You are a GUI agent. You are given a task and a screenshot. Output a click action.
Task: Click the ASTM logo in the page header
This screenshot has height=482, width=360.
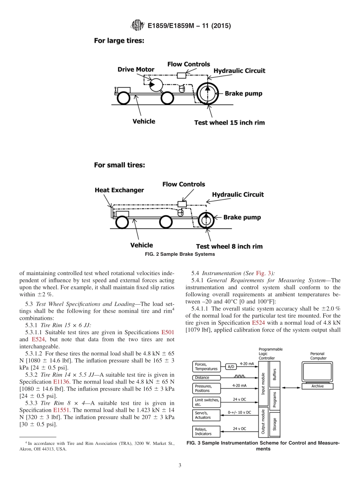(x=137, y=25)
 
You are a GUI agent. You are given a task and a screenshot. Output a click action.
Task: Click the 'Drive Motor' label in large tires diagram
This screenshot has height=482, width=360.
(x=136, y=69)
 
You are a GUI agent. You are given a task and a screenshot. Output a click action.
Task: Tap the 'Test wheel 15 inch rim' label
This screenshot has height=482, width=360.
(x=229, y=122)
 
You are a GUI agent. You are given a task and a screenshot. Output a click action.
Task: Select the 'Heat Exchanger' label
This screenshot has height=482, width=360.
(x=119, y=190)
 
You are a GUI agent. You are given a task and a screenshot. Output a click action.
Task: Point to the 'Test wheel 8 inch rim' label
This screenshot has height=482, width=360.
(x=229, y=246)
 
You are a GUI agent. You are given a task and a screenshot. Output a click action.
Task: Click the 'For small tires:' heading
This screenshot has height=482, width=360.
(x=119, y=165)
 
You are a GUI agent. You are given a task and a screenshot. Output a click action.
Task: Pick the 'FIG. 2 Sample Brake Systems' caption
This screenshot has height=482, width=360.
(x=180, y=254)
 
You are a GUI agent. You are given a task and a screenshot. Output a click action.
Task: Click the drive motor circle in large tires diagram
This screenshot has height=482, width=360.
(x=155, y=85)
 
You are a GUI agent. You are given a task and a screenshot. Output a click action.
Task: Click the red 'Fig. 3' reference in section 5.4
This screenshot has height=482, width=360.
(x=263, y=273)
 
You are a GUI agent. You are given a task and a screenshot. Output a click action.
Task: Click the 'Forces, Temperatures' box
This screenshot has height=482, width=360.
(x=207, y=366)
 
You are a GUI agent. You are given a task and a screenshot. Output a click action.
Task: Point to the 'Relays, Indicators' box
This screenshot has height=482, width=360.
(x=207, y=431)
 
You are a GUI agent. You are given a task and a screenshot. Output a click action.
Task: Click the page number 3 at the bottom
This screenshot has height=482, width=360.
(x=180, y=465)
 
